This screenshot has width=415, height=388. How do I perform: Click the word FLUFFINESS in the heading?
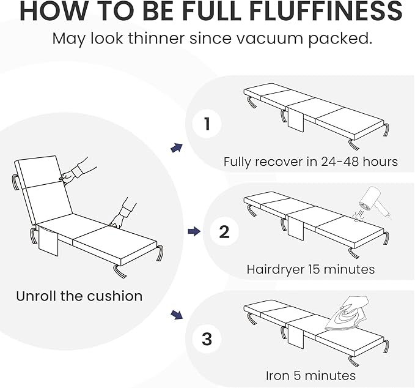326,11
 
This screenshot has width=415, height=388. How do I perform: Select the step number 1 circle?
207,124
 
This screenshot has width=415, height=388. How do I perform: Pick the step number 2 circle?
224,231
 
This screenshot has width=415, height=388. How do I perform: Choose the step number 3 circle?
207,338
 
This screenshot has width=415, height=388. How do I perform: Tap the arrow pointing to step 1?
177,147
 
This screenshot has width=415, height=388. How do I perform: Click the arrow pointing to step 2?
194,231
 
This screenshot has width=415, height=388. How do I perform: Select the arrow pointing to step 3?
177,315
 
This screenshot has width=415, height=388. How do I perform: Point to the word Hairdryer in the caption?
275,269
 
